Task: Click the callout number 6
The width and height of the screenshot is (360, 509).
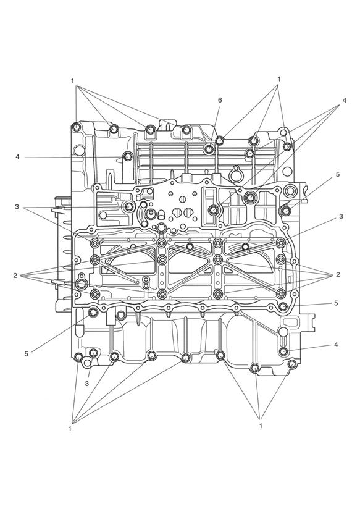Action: [x=220, y=100]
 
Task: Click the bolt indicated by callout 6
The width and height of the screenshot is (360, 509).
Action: [x=209, y=149]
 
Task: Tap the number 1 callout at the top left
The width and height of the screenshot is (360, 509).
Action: [x=73, y=81]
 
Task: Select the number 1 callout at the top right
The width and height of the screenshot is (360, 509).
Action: [x=279, y=79]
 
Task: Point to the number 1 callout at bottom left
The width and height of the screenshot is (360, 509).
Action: [x=70, y=429]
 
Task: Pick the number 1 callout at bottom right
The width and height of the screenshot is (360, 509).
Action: [x=261, y=426]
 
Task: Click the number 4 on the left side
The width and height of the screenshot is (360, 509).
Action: [x=17, y=157]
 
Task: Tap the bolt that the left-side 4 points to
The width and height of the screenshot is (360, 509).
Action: [x=128, y=157]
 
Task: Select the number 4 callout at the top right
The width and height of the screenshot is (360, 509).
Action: [x=345, y=100]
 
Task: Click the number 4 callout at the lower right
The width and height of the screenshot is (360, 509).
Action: [x=336, y=345]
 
